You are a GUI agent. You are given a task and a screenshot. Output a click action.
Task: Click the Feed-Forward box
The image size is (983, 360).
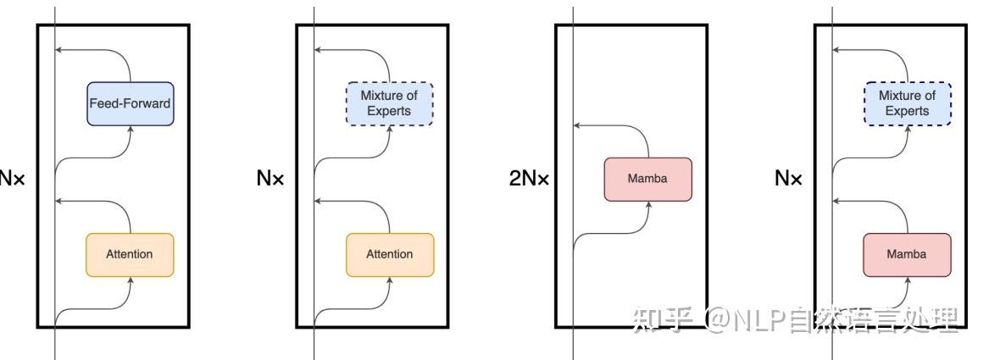click(x=130, y=103)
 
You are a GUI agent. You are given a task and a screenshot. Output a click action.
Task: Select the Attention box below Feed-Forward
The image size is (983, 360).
click(x=130, y=255)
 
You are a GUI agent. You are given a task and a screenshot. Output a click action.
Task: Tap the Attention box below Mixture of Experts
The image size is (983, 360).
click(x=390, y=255)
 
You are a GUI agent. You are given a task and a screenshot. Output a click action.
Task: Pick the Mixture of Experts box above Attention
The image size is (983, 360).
click(x=390, y=103)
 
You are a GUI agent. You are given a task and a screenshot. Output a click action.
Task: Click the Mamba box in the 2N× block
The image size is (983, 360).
click(x=648, y=180)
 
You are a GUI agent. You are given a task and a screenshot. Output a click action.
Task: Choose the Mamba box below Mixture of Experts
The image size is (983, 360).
click(x=907, y=255)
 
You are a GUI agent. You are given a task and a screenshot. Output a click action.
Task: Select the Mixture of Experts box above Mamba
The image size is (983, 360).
click(x=907, y=103)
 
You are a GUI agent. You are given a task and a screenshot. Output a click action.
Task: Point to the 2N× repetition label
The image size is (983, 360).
click(x=529, y=180)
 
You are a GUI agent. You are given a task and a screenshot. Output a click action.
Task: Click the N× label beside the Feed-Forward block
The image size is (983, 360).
click(x=11, y=180)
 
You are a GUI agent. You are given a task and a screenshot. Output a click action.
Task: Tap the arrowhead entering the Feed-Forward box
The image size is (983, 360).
click(x=131, y=130)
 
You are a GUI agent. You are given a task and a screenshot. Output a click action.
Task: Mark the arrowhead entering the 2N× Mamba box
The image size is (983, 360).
click(x=648, y=205)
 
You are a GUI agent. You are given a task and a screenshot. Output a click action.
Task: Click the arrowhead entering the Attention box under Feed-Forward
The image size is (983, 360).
click(x=131, y=280)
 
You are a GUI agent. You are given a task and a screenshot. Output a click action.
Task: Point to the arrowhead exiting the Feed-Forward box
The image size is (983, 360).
click(x=58, y=49)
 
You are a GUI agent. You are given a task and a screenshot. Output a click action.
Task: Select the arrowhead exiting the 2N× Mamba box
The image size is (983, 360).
click(x=577, y=125)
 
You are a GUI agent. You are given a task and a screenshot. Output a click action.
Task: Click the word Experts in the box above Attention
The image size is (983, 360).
click(x=389, y=111)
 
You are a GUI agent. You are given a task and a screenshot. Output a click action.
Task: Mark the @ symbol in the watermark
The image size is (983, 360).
click(x=714, y=320)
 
